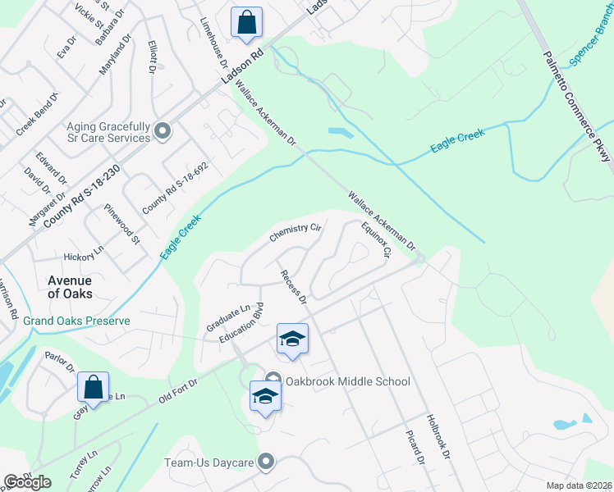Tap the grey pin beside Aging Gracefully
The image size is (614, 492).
coord(163,130)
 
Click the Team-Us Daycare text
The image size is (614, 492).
coord(208,463)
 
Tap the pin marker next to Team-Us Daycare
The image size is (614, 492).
coord(265,463)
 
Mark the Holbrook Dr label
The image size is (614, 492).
coord(436,432)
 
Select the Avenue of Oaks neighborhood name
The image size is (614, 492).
coord(70,286)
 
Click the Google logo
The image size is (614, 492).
coord(27,482)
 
